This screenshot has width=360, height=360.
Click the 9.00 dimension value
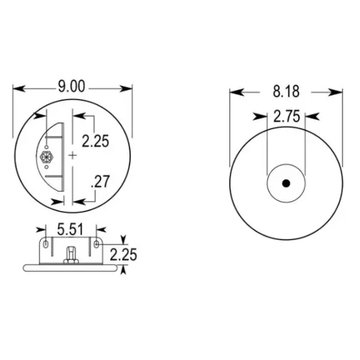click(x=71, y=88)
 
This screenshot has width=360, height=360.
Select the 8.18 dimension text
click(x=286, y=92)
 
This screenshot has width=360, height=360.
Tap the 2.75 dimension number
click(x=286, y=117)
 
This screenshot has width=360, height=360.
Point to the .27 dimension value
click(x=100, y=181)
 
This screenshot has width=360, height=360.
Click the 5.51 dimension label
click(x=70, y=229)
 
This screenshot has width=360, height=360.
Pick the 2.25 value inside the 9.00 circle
click(x=96, y=142)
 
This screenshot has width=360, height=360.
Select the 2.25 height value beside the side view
click(x=123, y=254)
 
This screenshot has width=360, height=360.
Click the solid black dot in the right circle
click(x=286, y=183)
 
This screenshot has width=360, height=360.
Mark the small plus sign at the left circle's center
click(x=73, y=155)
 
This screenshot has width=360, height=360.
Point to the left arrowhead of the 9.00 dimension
click(x=19, y=88)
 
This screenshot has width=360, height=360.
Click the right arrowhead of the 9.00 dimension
click(x=127, y=88)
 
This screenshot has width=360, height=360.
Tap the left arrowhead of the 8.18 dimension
click(x=236, y=92)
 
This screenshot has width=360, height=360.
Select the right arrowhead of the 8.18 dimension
click(x=337, y=92)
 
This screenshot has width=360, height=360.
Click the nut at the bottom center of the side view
click(x=70, y=256)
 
